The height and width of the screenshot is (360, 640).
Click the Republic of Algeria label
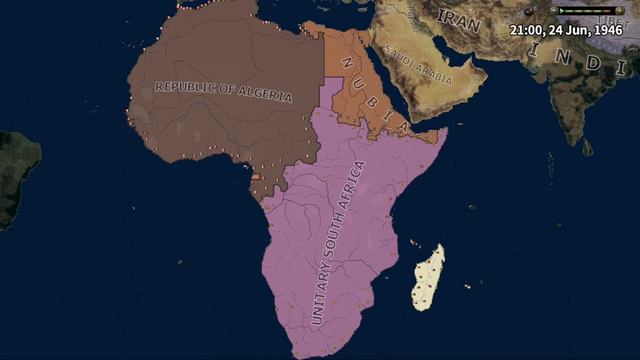(x=223, y=90)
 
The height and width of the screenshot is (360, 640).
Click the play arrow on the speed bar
(x=566, y=11)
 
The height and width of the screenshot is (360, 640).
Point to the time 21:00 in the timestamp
(x=526, y=30)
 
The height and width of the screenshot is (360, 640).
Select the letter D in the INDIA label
(x=592, y=62)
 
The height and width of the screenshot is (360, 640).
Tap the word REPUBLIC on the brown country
(x=187, y=86)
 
